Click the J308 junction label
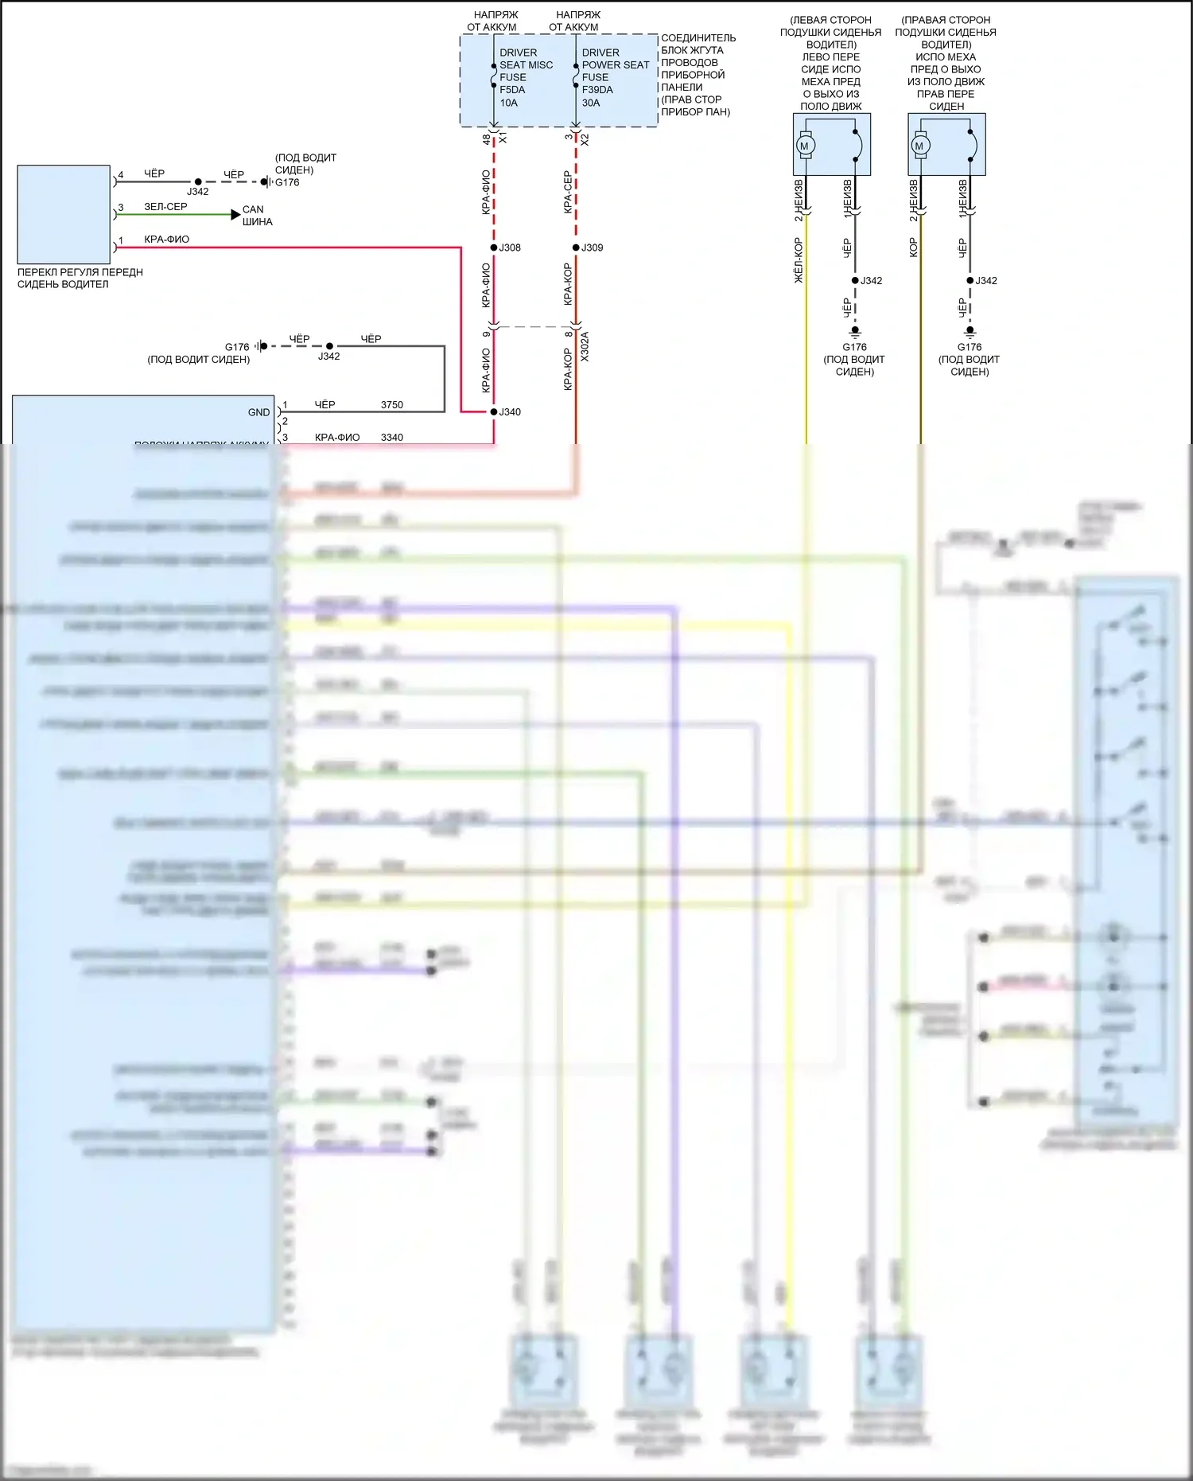click(x=510, y=247)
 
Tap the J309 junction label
click(x=593, y=247)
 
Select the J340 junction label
click(x=510, y=412)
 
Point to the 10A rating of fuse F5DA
click(x=509, y=103)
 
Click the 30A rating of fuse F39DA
click(x=591, y=103)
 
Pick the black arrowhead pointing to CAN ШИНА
click(x=235, y=215)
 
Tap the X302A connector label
click(x=585, y=347)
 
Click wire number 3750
click(x=392, y=405)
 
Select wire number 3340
click(x=392, y=438)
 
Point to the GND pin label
click(x=258, y=412)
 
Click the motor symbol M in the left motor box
click(x=804, y=146)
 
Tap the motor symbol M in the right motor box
click(x=919, y=146)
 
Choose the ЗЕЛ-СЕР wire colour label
click(x=165, y=207)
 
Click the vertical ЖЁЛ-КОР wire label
click(x=799, y=259)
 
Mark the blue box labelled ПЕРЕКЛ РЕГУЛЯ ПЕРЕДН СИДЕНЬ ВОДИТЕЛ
click(x=64, y=214)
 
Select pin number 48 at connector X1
click(x=487, y=139)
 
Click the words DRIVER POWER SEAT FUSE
click(x=615, y=65)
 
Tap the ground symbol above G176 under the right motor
click(x=970, y=331)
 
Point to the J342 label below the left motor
click(x=872, y=281)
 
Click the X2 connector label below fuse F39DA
click(x=585, y=139)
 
